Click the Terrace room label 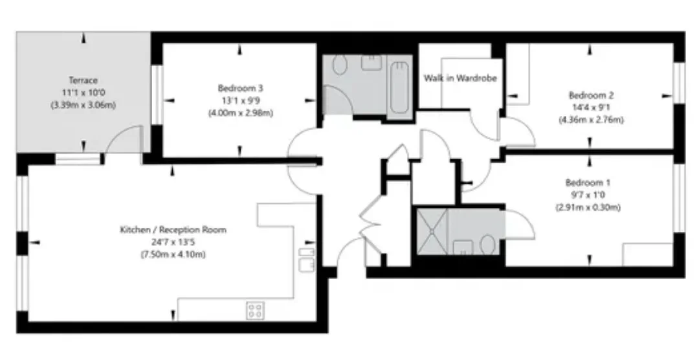click(83, 80)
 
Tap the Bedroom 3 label click(240, 88)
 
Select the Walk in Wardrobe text click(460, 78)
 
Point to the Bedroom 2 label click(591, 95)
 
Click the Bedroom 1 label click(588, 183)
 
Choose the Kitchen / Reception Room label click(173, 230)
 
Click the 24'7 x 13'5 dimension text click(173, 242)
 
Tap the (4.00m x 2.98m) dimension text click(240, 113)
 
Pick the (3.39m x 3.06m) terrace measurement click(83, 106)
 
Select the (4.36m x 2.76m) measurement click(591, 120)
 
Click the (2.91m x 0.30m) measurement click(588, 207)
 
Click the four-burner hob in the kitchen click(256, 310)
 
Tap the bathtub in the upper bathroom click(399, 87)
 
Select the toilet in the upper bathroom click(340, 65)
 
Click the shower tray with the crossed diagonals click(432, 232)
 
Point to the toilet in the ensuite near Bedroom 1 click(488, 245)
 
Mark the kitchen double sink click(306, 260)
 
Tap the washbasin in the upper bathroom click(372, 62)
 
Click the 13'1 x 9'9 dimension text click(240, 100)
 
